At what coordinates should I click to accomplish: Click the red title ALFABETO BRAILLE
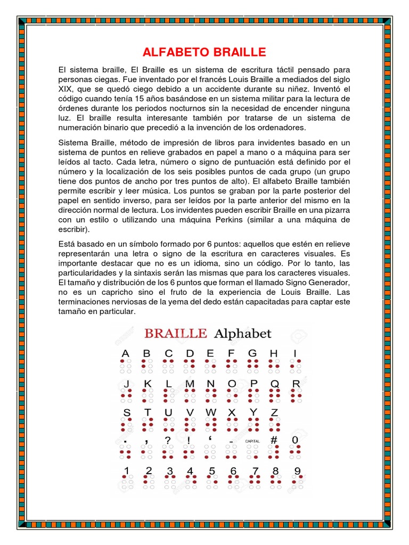coord(204,52)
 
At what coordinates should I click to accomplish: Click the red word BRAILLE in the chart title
coord(175,334)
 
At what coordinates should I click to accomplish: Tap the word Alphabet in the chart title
coord(242,334)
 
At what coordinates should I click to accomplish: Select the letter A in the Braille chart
coord(126,353)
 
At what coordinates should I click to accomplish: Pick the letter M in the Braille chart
coord(189,383)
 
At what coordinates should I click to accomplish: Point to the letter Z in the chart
coord(274,412)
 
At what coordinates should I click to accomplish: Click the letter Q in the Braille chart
coord(274,383)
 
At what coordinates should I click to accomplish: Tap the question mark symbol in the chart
coord(168,441)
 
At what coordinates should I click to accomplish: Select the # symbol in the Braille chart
coord(274,440)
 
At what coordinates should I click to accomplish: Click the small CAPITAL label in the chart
coord(252,441)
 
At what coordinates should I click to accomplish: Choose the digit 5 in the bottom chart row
coord(212,470)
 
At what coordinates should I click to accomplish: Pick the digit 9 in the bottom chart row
coord(297,470)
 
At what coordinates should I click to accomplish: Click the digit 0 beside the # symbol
coord(295,440)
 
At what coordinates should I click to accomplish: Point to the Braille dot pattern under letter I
coord(296,366)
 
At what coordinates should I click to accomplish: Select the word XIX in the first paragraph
coord(68,89)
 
